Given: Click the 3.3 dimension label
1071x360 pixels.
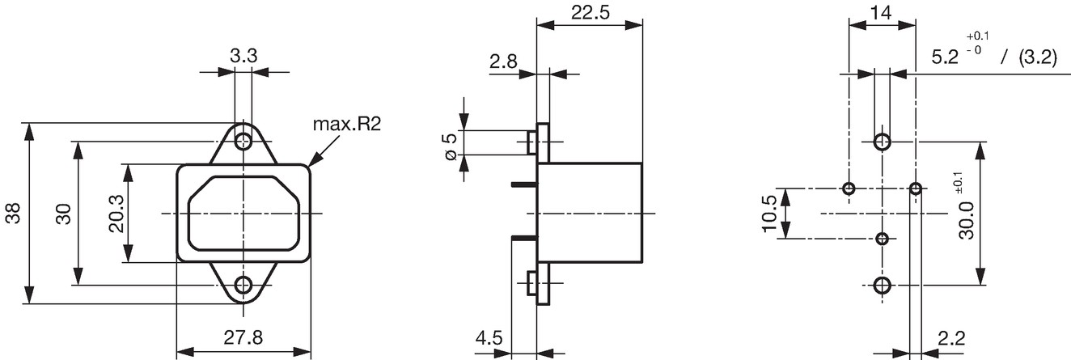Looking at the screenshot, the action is [243, 56].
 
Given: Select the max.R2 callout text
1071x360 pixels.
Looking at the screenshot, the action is [347, 125].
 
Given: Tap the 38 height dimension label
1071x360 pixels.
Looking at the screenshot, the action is [13, 214].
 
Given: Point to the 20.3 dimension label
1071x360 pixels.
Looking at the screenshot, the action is [116, 214].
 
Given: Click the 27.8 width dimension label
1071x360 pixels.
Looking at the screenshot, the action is [243, 338].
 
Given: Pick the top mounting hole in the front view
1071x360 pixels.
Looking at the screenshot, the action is [243, 141].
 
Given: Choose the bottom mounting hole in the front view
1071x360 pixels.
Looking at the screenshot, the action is [243, 286].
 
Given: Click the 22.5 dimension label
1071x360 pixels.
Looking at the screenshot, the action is [591, 13].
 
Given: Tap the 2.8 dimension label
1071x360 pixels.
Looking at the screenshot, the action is [503, 61].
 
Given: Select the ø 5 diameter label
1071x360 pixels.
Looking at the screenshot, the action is [451, 146].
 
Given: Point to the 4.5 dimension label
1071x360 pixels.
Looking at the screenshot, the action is [489, 338].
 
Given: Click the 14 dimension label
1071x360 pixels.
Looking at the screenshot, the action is [880, 13].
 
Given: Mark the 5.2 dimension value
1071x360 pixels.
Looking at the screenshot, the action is [946, 57].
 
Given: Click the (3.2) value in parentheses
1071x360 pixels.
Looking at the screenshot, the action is [1038, 57].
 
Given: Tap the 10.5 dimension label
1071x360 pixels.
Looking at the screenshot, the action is [769, 214].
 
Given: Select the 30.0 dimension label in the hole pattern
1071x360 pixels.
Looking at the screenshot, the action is [967, 220].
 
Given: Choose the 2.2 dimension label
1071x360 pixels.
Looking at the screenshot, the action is [951, 338].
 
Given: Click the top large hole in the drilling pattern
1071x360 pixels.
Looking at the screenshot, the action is [883, 142].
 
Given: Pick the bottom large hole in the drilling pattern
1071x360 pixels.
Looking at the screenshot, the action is [883, 286].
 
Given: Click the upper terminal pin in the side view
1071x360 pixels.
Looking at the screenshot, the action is [524, 184].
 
